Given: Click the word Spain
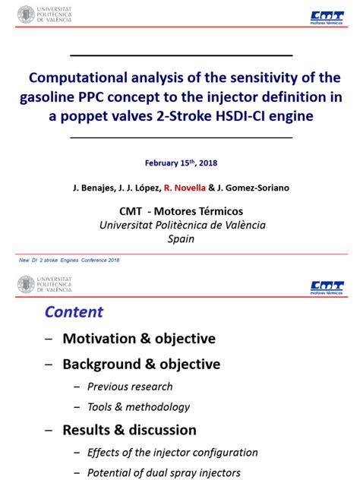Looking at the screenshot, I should [181, 238].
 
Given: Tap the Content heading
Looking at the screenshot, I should [74, 312].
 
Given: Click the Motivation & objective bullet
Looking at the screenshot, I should [138, 339].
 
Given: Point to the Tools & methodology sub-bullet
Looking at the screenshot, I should [138, 407].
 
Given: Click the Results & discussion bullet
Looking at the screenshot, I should [129, 430].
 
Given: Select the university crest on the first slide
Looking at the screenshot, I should [27, 14].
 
